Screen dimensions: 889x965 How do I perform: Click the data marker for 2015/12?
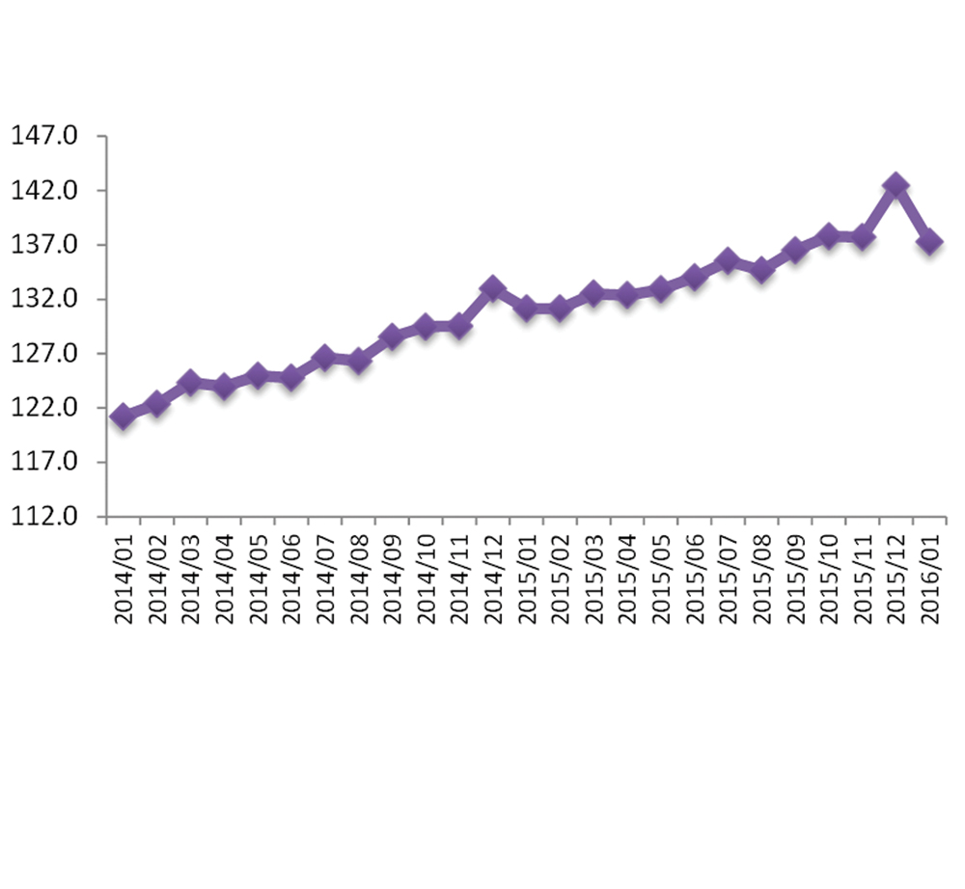[x=896, y=185]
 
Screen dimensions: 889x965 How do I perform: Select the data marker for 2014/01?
[x=123, y=417]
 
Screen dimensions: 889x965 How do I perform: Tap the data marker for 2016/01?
[x=929, y=242]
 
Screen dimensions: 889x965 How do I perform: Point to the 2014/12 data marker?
[x=493, y=287]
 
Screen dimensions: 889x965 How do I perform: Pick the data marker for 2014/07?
[x=325, y=358]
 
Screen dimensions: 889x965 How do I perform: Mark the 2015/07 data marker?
[x=728, y=260]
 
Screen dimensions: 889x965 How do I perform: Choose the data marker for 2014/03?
[x=190, y=383]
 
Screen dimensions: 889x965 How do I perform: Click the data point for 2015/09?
[x=795, y=251]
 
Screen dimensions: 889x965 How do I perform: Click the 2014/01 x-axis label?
[x=124, y=577]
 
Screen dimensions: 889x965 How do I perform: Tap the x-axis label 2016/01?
[x=930, y=577]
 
